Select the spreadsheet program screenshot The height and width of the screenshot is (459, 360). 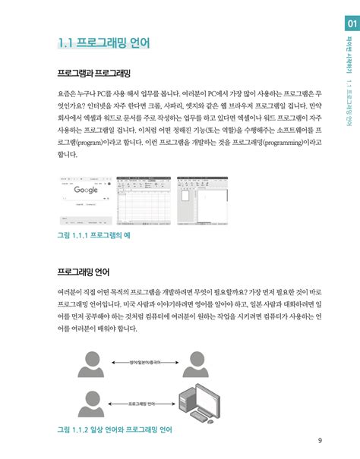pyautogui.click(x=144, y=201)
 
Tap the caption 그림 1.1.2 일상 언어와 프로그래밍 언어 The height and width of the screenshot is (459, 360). pyautogui.click(x=115, y=429)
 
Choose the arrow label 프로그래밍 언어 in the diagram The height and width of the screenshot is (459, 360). pyautogui.click(x=142, y=404)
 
